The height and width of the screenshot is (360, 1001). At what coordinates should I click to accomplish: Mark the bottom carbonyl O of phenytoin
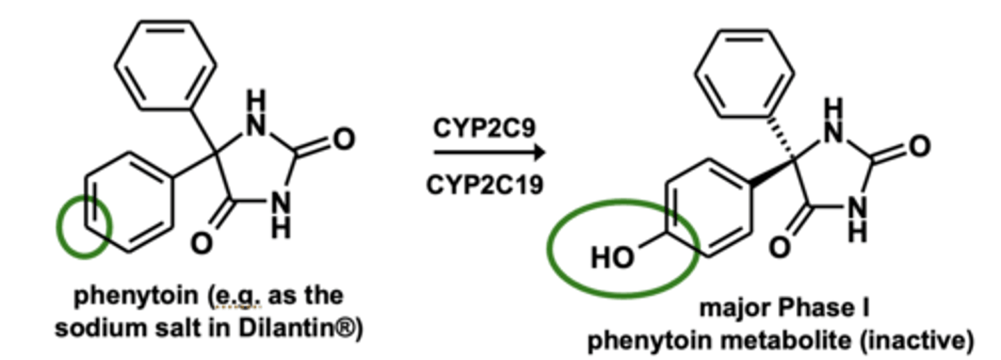[201, 244]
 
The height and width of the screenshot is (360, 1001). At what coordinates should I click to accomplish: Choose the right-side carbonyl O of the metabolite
[919, 147]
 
